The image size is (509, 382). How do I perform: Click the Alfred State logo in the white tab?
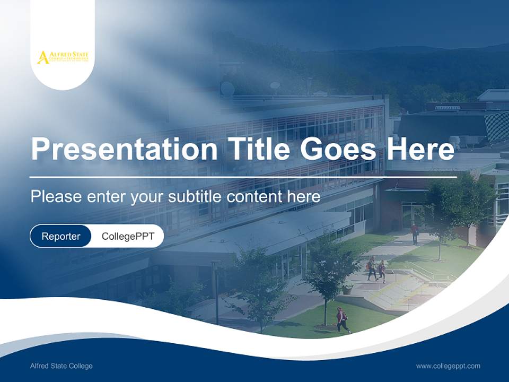pyautogui.click(x=63, y=57)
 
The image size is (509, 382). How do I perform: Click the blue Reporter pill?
pyautogui.click(x=61, y=236)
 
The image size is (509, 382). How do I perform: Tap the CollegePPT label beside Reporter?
pyautogui.click(x=128, y=236)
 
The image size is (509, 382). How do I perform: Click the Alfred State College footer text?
pyautogui.click(x=61, y=366)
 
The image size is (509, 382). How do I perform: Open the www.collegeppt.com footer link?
pyautogui.click(x=448, y=366)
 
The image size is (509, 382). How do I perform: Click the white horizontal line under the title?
pyautogui.click(x=243, y=177)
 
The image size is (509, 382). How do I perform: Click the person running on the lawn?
pyautogui.click(x=342, y=320)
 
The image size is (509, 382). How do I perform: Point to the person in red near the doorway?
pyautogui.click(x=415, y=232)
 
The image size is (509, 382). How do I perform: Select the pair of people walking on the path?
pyautogui.click(x=376, y=270)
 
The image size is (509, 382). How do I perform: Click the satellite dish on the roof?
pyautogui.click(x=227, y=89)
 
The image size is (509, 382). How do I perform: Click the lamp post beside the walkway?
pyautogui.click(x=216, y=292)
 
